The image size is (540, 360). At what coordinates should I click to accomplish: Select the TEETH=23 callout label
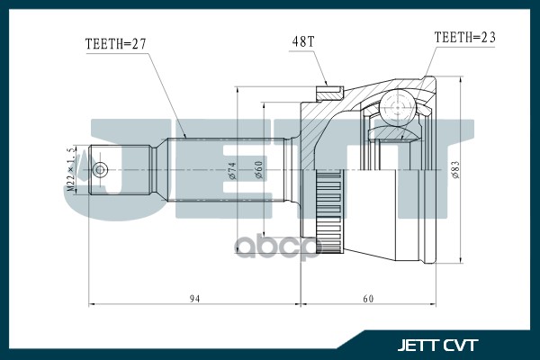click(465, 37)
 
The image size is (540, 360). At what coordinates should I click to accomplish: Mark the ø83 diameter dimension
click(457, 169)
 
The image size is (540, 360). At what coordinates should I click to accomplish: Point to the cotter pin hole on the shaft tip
click(101, 168)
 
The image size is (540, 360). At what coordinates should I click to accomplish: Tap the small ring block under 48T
click(329, 91)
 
